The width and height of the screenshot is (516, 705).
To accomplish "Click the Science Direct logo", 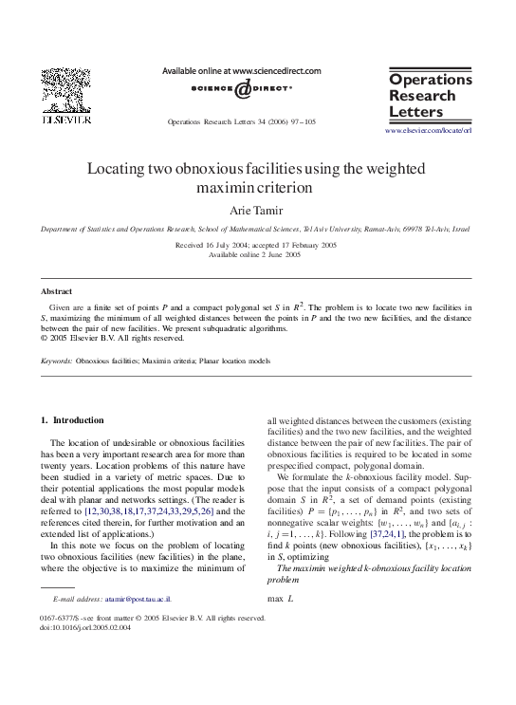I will point(241,88).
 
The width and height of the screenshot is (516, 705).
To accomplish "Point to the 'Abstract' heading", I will point(56,291).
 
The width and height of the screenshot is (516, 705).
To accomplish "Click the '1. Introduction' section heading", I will point(72,419).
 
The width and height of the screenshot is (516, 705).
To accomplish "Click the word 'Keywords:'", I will point(56,362).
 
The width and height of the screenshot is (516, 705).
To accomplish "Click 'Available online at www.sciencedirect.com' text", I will point(242,71).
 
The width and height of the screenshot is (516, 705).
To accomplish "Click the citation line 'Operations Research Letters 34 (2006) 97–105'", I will point(241,122).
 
